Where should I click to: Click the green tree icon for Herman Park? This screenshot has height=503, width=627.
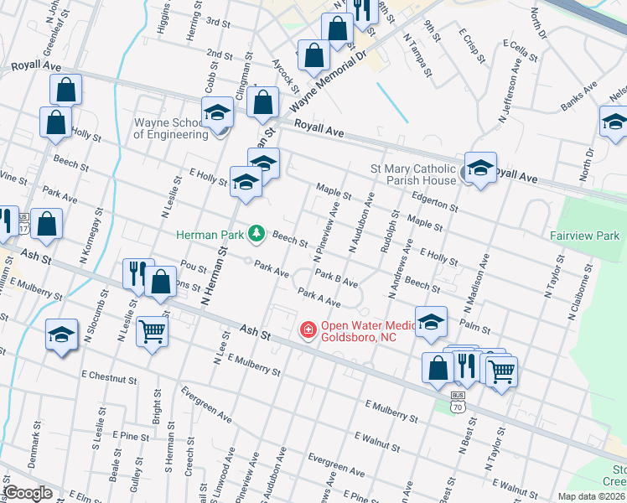pos(259,234)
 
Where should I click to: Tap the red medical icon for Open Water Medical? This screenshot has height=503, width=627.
pos(308,329)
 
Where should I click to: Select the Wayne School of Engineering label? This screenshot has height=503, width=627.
pos(169,127)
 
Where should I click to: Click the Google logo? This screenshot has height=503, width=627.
pos(28,493)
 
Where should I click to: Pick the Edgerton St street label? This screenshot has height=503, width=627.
pos(435,200)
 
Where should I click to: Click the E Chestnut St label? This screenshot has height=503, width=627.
pos(109,379)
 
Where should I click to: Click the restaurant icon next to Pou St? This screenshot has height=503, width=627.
pos(137,272)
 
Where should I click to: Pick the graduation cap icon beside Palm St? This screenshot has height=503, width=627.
pos(431,322)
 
